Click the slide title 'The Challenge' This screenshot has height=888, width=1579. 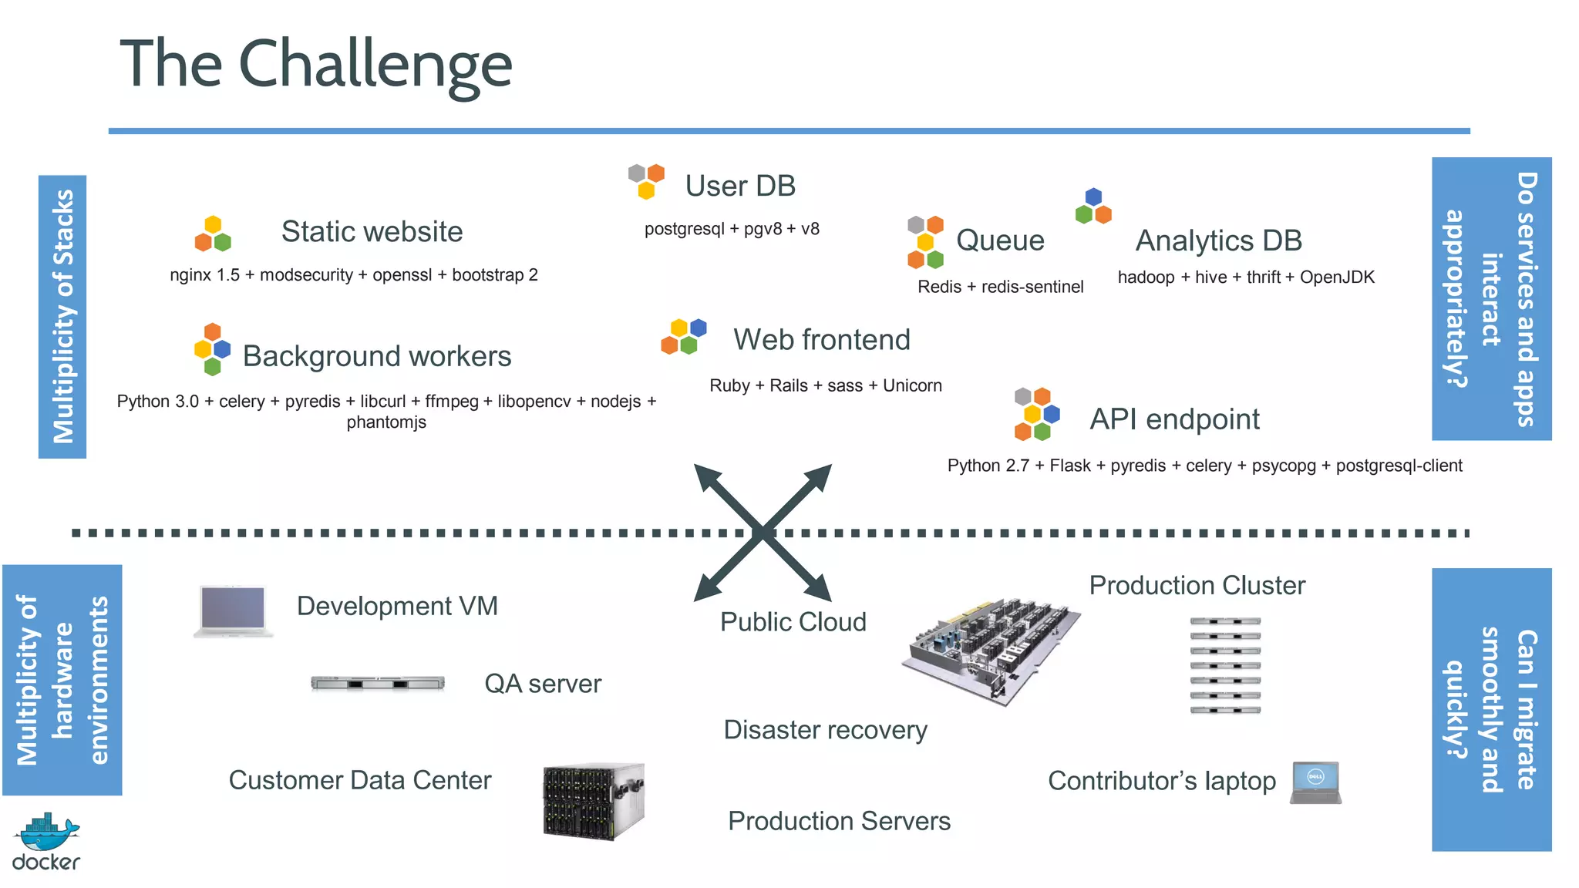point(316,64)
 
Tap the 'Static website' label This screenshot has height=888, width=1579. point(372,231)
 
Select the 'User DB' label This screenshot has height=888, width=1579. point(739,186)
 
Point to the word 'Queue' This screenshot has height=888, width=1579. point(1000,240)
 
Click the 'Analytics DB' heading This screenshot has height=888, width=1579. point(1218,240)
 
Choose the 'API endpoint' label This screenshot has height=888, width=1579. point(1174,419)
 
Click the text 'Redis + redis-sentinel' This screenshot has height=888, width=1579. point(1000,287)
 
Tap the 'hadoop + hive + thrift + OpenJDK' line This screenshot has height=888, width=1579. point(1246,277)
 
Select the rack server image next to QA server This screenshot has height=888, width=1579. point(378,683)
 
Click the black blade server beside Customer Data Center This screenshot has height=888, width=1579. point(593,802)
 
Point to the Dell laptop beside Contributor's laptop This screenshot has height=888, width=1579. point(1316,783)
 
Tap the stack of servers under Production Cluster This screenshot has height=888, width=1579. point(1225,664)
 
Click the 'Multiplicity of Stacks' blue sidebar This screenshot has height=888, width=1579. point(62,317)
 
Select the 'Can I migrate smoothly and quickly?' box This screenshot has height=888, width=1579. point(1491,709)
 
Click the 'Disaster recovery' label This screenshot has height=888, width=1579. point(825,729)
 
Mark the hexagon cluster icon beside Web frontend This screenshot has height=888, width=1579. point(683,336)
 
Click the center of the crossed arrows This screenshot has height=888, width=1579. point(763,532)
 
